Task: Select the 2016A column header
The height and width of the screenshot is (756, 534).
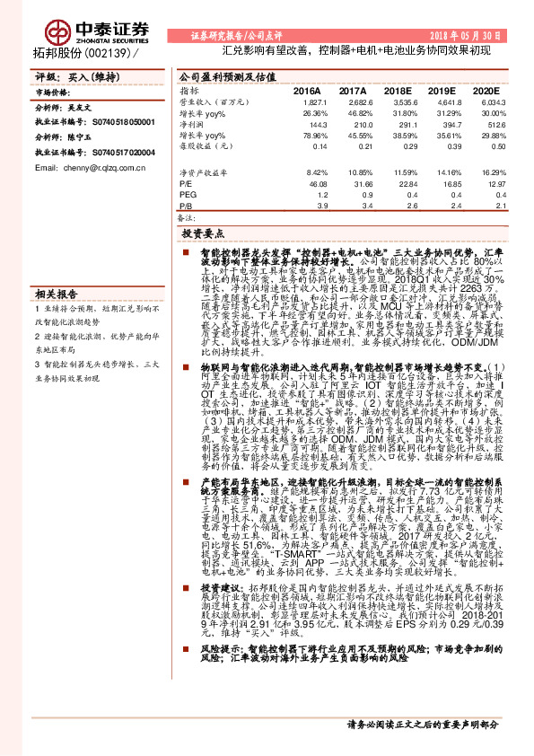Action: [308, 92]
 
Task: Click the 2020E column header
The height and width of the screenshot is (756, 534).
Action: [486, 92]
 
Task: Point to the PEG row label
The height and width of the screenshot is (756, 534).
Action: [187, 193]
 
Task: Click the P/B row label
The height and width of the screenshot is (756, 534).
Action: [186, 206]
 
